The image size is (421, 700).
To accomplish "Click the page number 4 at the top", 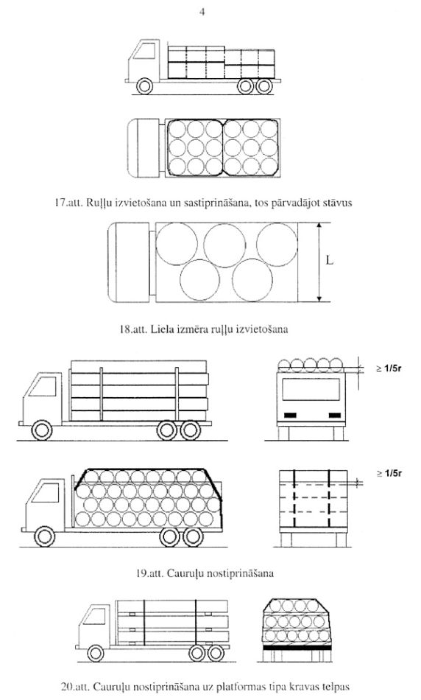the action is pyautogui.click(x=202, y=12).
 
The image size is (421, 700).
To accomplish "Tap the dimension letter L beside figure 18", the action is pyautogui.click(x=329, y=260).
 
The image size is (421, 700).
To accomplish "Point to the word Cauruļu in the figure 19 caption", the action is pyautogui.click(x=182, y=573).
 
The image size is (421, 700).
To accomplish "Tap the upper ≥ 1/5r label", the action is pyautogui.click(x=389, y=368).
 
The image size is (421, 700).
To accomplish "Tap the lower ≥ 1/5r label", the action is pyautogui.click(x=389, y=473).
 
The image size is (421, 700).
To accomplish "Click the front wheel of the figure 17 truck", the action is pyautogui.click(x=144, y=85).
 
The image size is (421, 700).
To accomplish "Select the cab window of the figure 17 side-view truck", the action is pyautogui.click(x=145, y=51).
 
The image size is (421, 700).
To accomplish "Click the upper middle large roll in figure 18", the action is pyautogui.click(x=224, y=245).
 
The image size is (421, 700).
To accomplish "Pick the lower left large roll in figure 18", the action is pyautogui.click(x=199, y=280).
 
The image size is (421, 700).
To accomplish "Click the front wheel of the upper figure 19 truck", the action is pyautogui.click(x=42, y=430).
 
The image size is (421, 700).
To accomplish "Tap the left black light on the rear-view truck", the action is pyautogui.click(x=290, y=415).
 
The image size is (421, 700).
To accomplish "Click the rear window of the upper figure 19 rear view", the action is pyautogui.click(x=311, y=390).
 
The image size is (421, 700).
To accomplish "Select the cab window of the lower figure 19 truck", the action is pyautogui.click(x=45, y=493).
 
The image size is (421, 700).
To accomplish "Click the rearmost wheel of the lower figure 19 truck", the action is pyautogui.click(x=193, y=536).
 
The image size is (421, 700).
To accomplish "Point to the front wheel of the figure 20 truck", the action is pyautogui.click(x=96, y=653).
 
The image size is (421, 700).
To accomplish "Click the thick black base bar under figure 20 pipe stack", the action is pyautogui.click(x=297, y=647).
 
